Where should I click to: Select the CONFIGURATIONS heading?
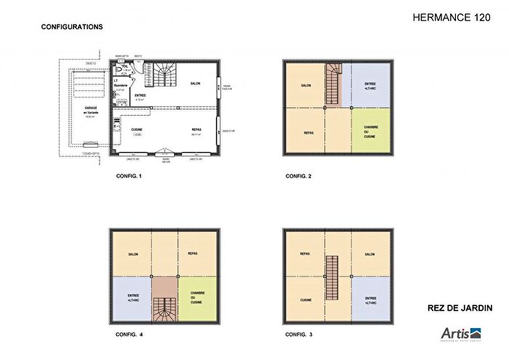[72, 27]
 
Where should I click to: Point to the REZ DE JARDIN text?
[460, 308]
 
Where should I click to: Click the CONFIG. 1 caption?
[129, 176]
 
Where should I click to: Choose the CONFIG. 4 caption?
[129, 335]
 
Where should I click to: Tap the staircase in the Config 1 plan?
[164, 75]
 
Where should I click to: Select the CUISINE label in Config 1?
[136, 129]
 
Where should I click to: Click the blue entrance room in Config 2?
[369, 85]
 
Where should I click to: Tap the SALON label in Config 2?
[305, 85]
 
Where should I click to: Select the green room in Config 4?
[198, 299]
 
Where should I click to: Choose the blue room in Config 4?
[132, 299]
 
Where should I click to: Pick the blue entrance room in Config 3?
[369, 299]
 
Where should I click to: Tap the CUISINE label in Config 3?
[305, 299]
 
